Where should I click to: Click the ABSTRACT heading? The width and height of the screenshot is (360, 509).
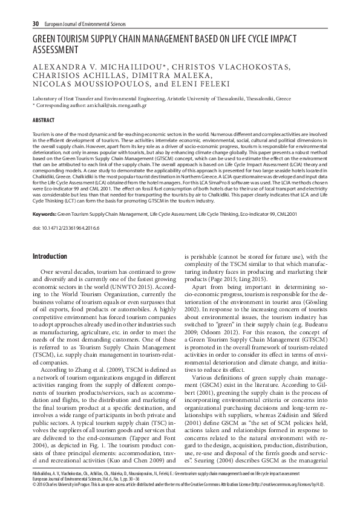(x=44, y=120)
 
